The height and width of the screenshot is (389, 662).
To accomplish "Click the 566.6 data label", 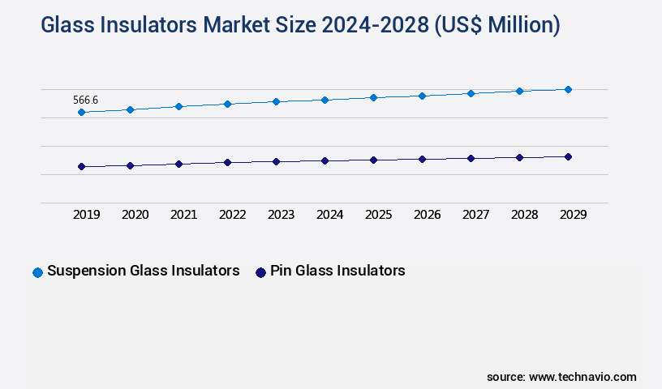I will click(x=85, y=100).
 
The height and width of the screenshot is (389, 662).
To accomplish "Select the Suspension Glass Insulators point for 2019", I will click(x=81, y=112).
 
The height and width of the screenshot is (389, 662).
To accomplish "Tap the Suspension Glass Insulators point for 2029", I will click(x=568, y=89).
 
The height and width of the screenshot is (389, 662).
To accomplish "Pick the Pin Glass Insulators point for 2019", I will click(x=81, y=166).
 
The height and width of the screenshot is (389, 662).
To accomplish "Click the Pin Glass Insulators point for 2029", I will click(x=568, y=156).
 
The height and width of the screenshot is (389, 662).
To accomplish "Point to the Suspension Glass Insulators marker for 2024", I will click(x=325, y=100).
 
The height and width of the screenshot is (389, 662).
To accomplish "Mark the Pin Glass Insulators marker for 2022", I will click(x=227, y=162).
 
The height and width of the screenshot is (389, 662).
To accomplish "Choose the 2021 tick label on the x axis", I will click(x=183, y=215).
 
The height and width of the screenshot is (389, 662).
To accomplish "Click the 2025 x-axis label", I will click(x=378, y=215).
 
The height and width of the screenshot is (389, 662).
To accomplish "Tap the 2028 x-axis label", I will click(x=524, y=215).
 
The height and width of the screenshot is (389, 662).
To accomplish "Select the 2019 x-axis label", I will click(x=86, y=215).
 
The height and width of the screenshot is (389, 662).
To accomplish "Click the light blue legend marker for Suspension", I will click(x=37, y=272).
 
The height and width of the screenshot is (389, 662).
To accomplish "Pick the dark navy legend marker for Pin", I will click(x=260, y=272).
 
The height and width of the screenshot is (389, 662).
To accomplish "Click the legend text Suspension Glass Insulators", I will click(x=144, y=271).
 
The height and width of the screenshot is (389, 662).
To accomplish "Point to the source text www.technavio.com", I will click(x=582, y=377).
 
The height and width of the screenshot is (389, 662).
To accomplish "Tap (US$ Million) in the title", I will click(x=496, y=26).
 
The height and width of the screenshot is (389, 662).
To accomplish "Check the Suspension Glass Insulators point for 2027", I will click(x=471, y=93).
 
